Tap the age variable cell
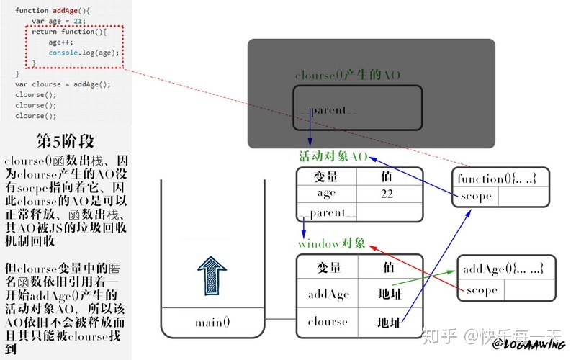pos(326,194)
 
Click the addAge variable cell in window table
pos(328,294)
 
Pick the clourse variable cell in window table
pos(328,322)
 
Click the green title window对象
pos(332,243)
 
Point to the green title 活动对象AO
pos(333,156)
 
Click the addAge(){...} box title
pos(502,269)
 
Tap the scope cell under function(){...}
pos(475,196)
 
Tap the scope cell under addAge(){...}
pos(482,290)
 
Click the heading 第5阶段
pos(65,140)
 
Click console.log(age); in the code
pos(84,53)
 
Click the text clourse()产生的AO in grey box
pos(348,75)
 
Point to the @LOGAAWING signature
pos(528,345)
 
